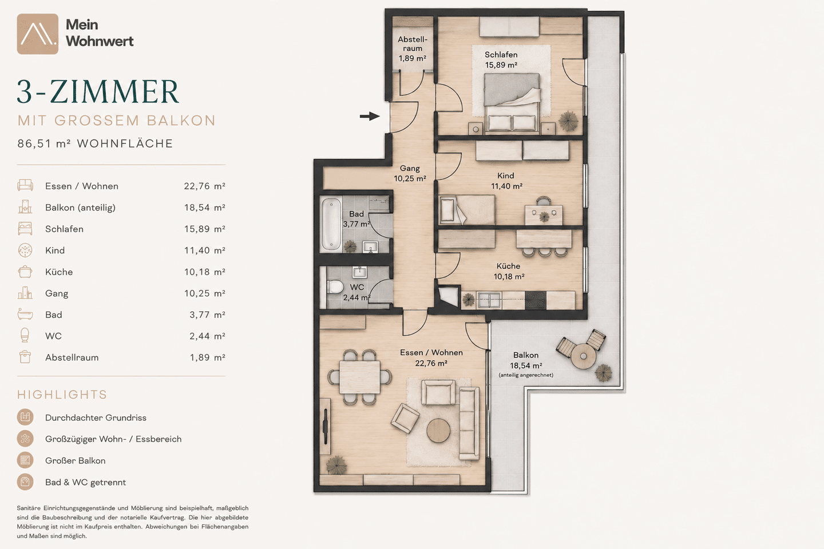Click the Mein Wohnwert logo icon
38,34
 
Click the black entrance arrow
370,116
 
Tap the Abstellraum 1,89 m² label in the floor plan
413,49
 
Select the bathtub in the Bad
331,224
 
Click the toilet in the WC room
334,287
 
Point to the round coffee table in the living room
438,431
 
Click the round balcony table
583,356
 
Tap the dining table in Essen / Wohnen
359,377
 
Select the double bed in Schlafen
512,102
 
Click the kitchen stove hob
535,300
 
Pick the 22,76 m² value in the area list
204,186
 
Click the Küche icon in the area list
25,272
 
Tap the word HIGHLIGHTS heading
62,395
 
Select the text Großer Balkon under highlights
76,460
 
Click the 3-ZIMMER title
98,91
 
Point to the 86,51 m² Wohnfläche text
95,144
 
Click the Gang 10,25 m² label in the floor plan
410,173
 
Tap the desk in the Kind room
544,215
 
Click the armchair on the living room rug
405,419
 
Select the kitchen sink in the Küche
489,300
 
